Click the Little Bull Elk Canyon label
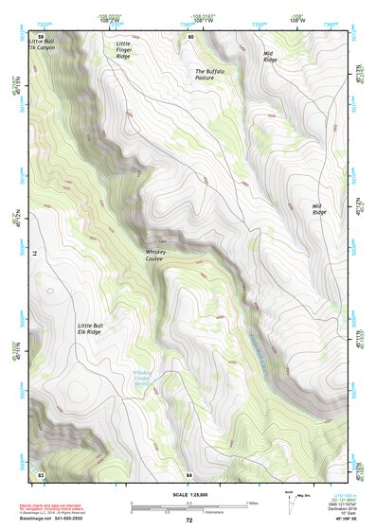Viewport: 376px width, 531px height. coord(43,45)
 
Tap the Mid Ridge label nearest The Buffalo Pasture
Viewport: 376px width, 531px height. coord(270,57)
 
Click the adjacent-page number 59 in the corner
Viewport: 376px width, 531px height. coord(41,37)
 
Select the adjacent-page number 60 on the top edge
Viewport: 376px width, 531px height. coord(189,37)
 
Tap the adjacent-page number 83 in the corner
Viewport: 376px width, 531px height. coord(41,473)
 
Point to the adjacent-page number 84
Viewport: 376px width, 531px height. coord(189,473)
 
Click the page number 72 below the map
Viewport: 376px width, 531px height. coord(188,521)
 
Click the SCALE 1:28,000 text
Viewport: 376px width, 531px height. coord(188,495)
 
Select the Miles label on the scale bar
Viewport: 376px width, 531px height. coord(252,503)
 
